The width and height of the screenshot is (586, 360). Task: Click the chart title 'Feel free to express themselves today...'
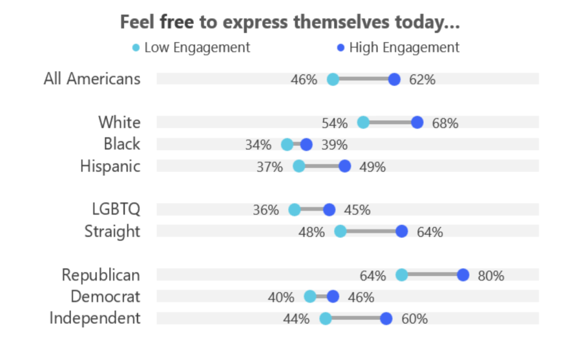pyautogui.click(x=290, y=22)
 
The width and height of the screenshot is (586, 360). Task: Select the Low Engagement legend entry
pyautogui.click(x=191, y=48)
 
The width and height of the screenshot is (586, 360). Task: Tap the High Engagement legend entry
pyautogui.click(x=398, y=48)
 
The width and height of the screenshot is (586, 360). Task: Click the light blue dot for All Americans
pyautogui.click(x=333, y=79)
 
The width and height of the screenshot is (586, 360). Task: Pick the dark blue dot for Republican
pyautogui.click(x=463, y=275)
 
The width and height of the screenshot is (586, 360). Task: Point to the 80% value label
pyautogui.click(x=491, y=276)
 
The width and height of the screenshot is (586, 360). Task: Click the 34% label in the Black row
pyautogui.click(x=258, y=145)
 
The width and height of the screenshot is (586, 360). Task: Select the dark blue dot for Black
pyautogui.click(x=306, y=145)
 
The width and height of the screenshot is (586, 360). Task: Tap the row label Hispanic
pyautogui.click(x=110, y=167)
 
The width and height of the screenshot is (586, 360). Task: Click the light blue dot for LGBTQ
pyautogui.click(x=294, y=210)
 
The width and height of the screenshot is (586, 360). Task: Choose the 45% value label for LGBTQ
pyautogui.click(x=357, y=210)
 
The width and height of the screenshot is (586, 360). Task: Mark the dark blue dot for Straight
pyautogui.click(x=402, y=232)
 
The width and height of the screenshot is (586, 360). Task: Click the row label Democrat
pyautogui.click(x=105, y=296)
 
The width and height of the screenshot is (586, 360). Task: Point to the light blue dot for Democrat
pyautogui.click(x=310, y=296)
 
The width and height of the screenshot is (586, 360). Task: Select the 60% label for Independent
pyautogui.click(x=415, y=319)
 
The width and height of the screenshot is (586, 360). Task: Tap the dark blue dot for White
pyautogui.click(x=417, y=122)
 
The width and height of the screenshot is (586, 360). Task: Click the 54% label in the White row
pyautogui.click(x=335, y=123)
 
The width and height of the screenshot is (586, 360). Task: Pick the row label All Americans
pyautogui.click(x=92, y=79)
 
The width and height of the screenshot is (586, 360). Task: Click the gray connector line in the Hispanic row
pyautogui.click(x=322, y=166)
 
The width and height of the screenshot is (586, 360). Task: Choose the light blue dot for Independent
pyautogui.click(x=325, y=319)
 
